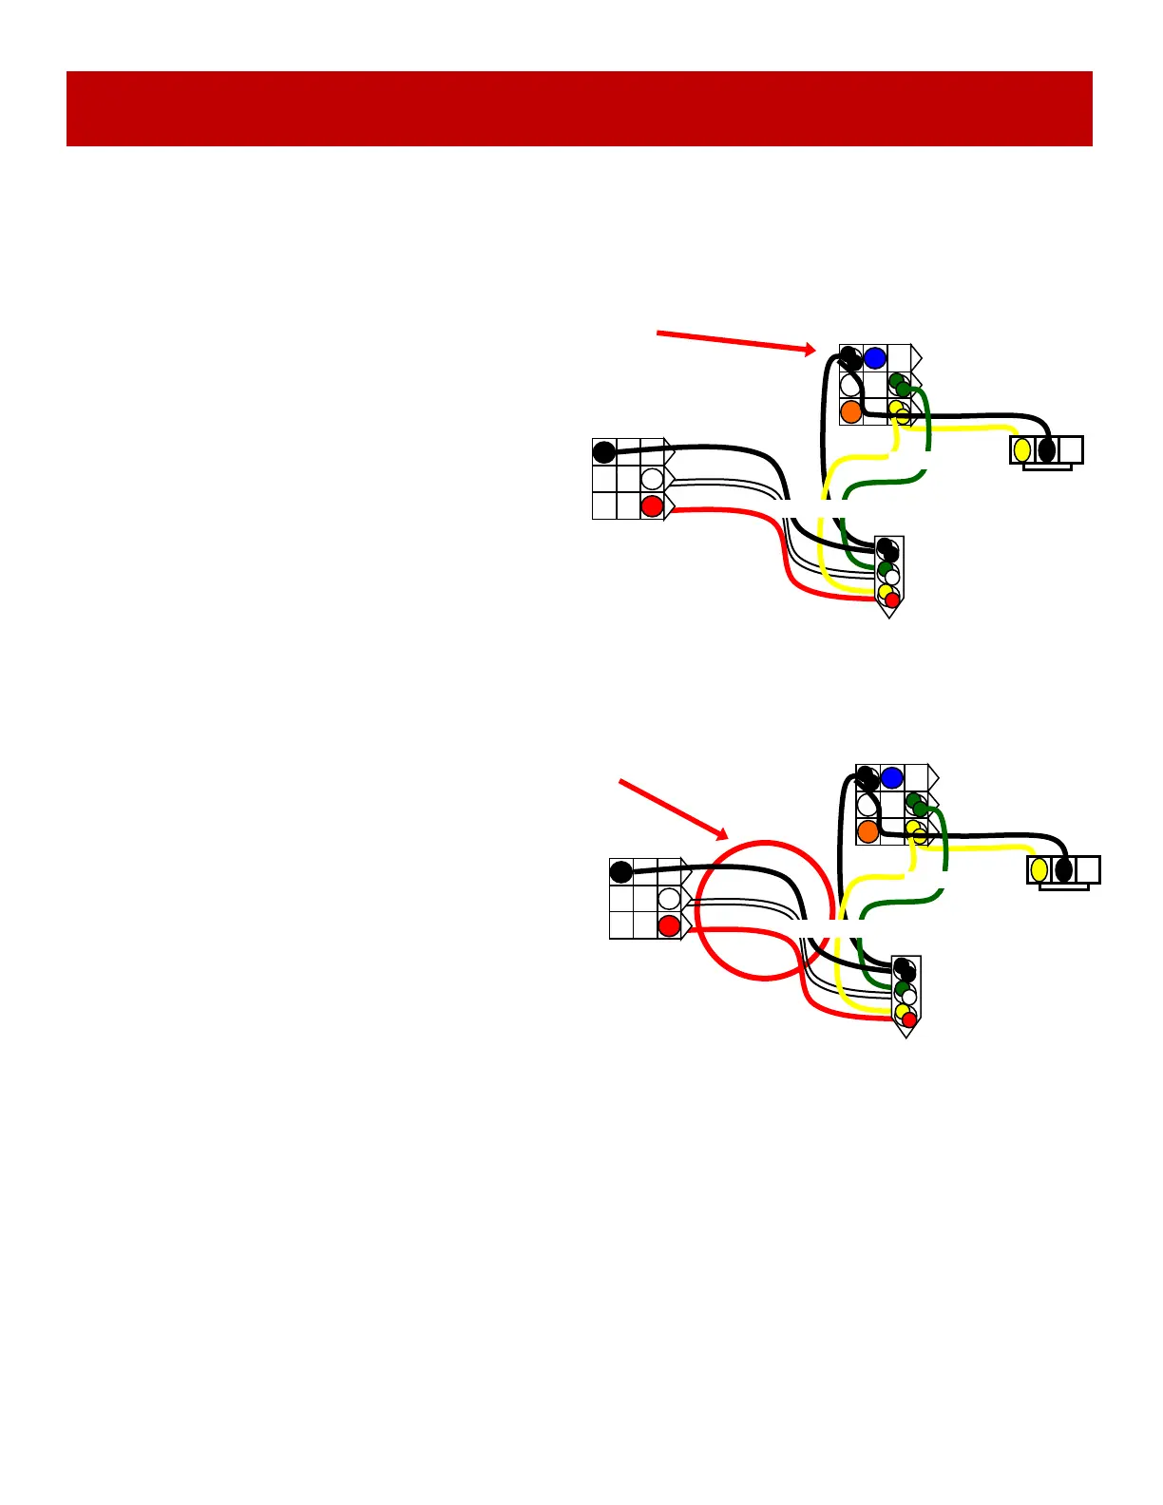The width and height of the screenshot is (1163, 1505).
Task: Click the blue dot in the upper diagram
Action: click(x=875, y=358)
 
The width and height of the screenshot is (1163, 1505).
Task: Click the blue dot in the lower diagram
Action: click(x=891, y=778)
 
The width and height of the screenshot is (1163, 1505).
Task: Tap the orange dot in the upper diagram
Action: click(x=851, y=411)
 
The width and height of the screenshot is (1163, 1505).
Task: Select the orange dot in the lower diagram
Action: click(x=867, y=831)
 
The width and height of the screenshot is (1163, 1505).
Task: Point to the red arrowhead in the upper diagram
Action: click(x=810, y=350)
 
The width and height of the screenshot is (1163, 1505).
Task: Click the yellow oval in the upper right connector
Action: click(x=1022, y=449)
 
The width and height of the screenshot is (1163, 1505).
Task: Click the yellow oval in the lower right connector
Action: click(x=1039, y=869)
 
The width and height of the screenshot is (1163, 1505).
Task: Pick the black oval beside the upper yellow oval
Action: click(x=1046, y=449)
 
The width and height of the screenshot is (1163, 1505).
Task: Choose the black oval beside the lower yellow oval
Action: click(x=1063, y=869)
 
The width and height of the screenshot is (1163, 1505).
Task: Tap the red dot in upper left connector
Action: click(x=652, y=506)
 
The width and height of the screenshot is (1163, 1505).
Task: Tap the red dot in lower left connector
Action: click(x=669, y=926)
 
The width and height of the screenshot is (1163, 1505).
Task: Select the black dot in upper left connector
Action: click(x=604, y=450)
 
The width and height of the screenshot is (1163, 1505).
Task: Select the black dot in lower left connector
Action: click(x=620, y=871)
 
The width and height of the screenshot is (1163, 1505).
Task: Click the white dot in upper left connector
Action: click(x=652, y=478)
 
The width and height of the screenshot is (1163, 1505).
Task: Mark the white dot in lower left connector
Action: click(x=669, y=898)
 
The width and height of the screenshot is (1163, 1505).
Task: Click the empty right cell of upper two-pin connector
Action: click(x=1071, y=449)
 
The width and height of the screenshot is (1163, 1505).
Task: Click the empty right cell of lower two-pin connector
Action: click(x=1088, y=869)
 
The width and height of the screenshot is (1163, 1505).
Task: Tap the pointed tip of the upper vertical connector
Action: click(x=889, y=616)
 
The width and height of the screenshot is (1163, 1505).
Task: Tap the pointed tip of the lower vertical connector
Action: click(x=906, y=1036)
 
